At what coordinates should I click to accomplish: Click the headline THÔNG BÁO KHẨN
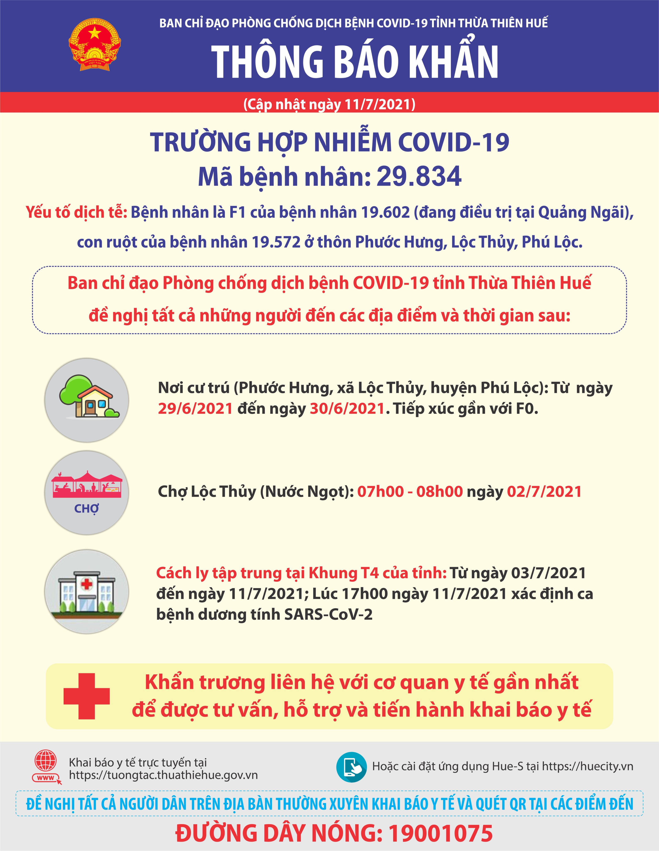(x=355, y=62)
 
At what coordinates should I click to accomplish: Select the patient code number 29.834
(x=419, y=176)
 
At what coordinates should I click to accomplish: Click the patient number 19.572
(x=276, y=242)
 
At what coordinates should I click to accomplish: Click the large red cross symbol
(x=86, y=696)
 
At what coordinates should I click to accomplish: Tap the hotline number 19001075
(x=440, y=834)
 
